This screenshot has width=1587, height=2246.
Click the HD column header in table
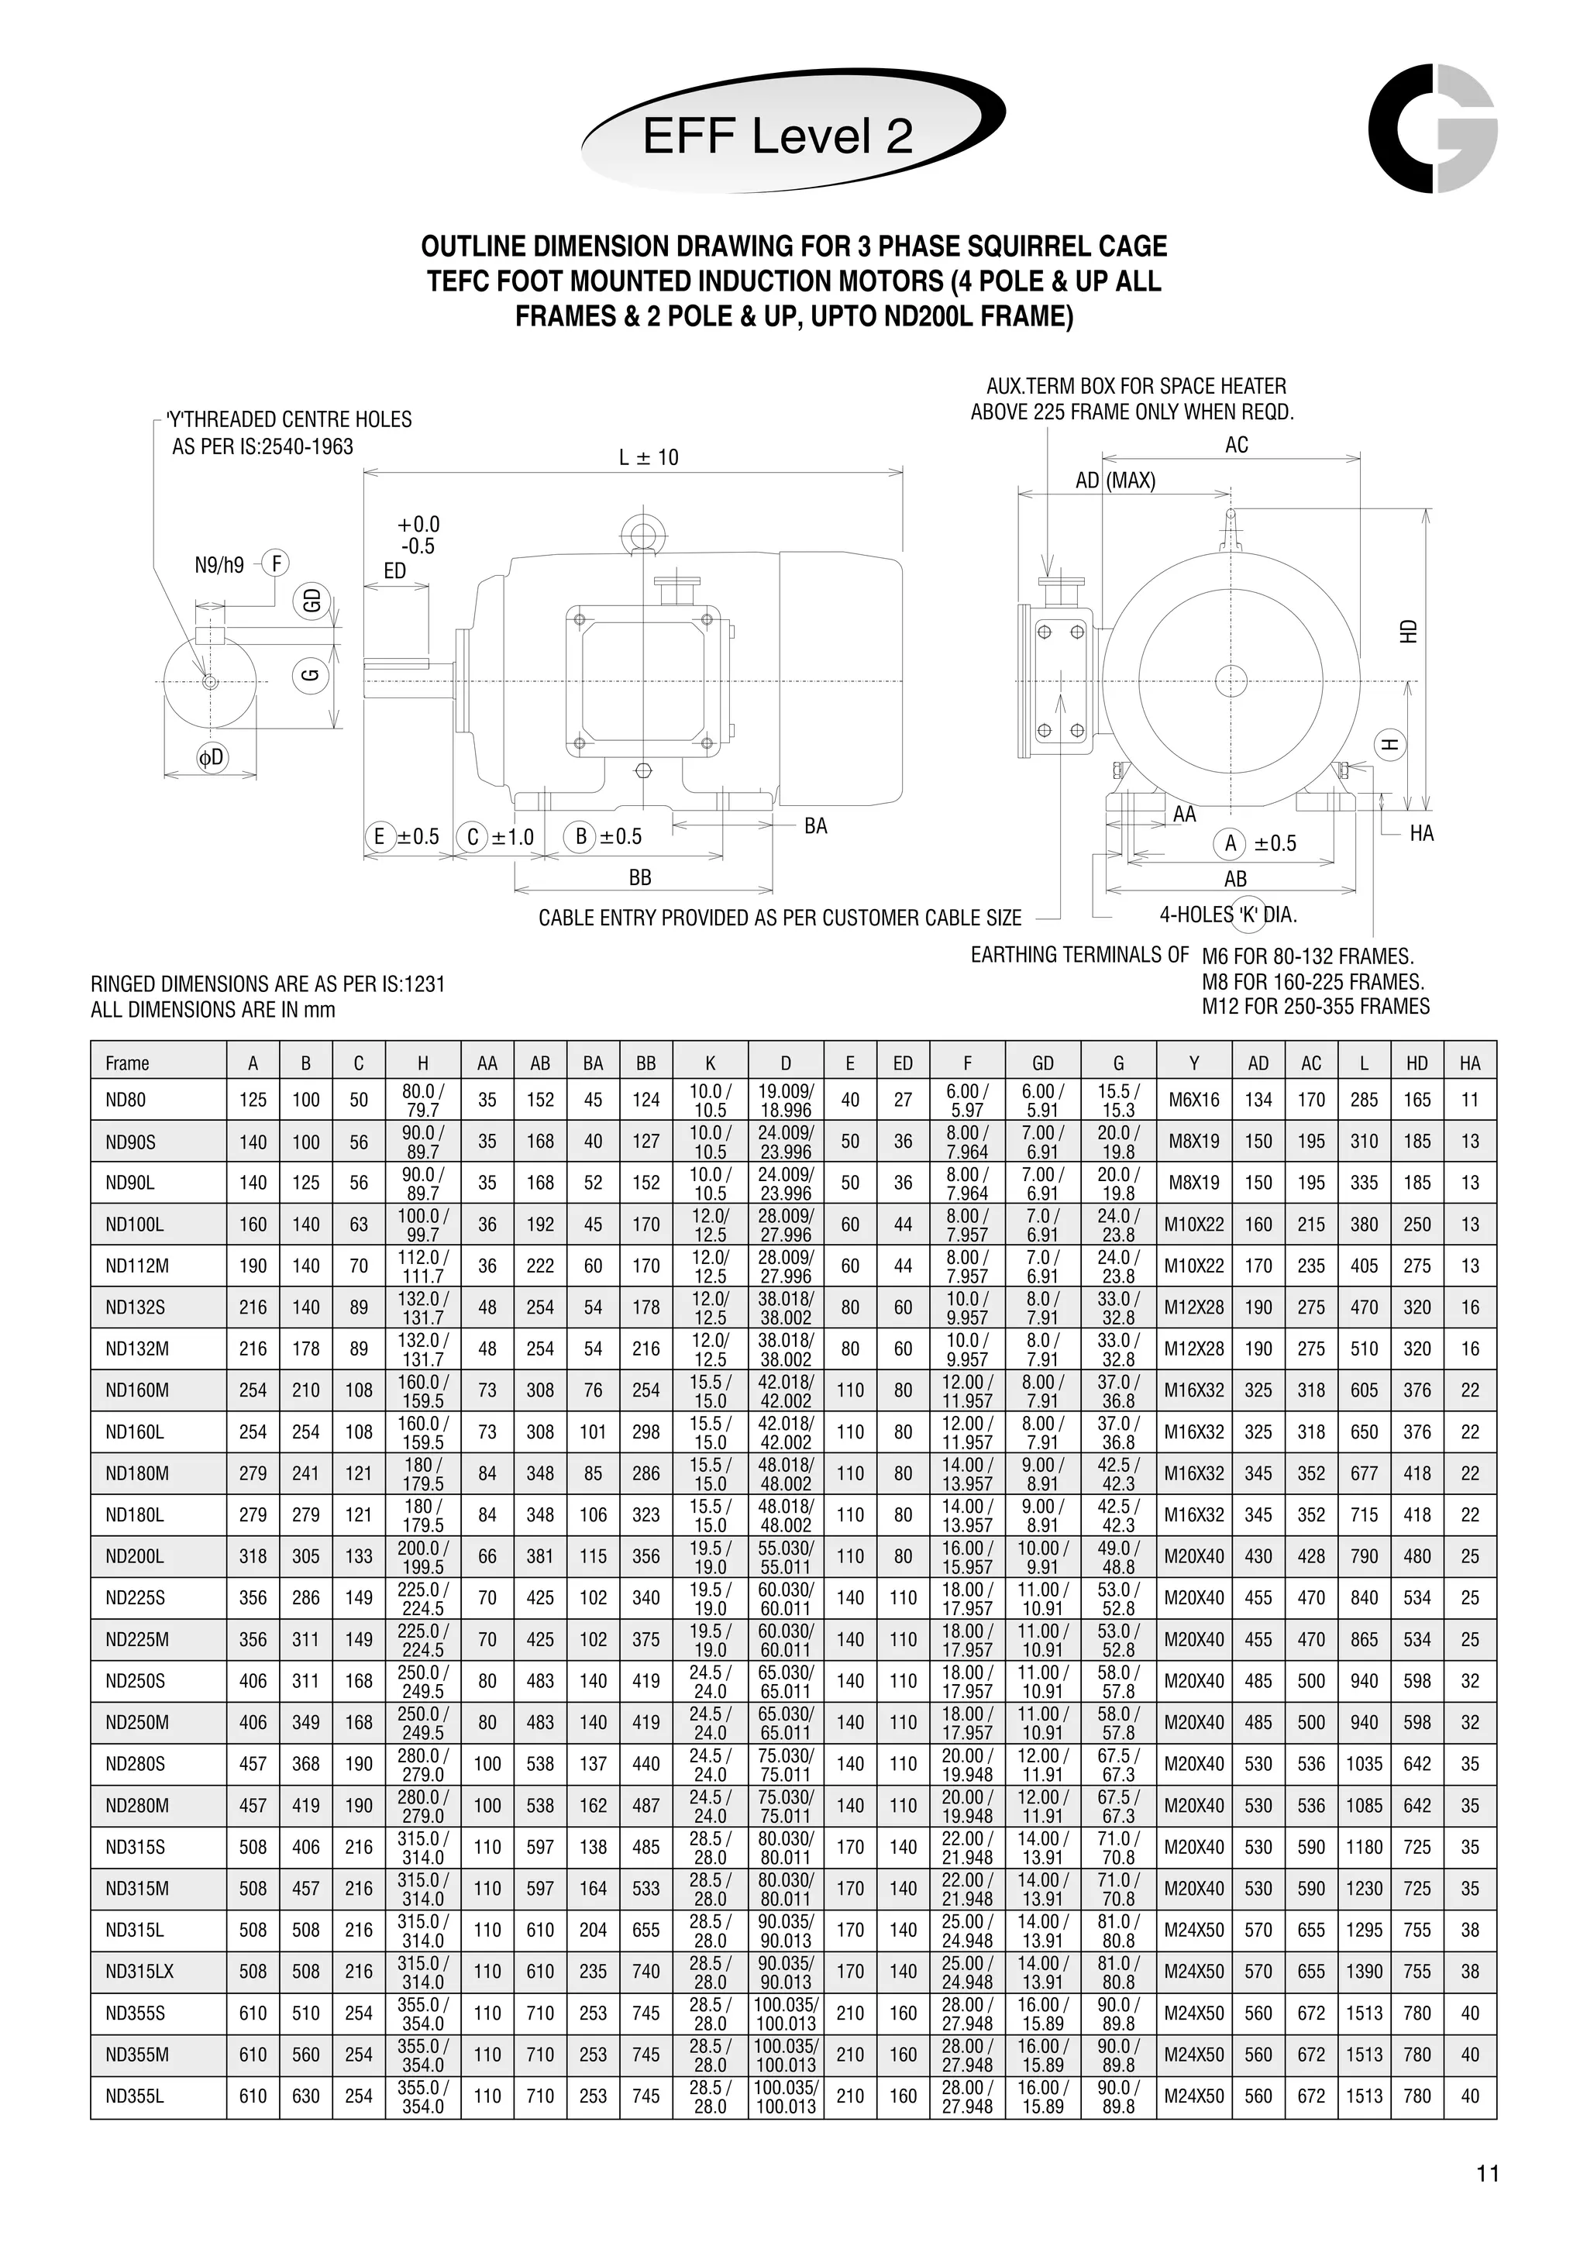pos(1417,1063)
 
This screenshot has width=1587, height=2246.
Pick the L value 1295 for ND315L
pos(1364,1930)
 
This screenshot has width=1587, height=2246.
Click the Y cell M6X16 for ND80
pos(1194,1100)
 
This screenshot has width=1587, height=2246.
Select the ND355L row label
pos(134,2096)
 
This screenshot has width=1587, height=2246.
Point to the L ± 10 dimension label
pos(649,456)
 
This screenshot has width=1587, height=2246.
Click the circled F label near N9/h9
pos(277,563)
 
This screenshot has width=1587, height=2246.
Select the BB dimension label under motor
pos(641,877)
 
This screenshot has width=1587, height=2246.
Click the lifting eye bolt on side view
pos(642,533)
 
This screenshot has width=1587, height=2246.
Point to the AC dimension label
pos(1237,445)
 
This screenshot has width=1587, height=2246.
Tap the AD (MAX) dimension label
pos(1115,481)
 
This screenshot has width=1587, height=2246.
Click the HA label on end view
pos(1422,832)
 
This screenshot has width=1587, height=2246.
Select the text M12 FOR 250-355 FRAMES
pos(1315,1007)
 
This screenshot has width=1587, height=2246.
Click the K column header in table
pos(711,1063)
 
